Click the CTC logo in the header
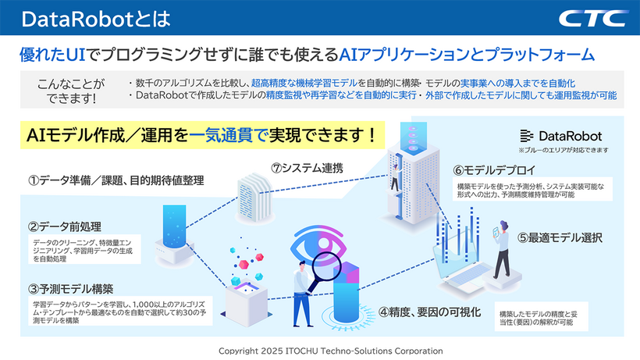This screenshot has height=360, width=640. [594, 19]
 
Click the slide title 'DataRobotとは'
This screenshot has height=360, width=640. [96, 19]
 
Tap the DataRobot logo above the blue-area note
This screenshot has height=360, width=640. [561, 136]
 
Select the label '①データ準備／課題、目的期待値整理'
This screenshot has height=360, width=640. [116, 180]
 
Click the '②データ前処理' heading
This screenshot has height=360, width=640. [65, 226]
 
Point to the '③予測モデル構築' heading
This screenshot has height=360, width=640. [70, 289]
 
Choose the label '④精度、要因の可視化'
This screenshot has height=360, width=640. [429, 312]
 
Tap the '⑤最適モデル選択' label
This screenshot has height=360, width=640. [560, 237]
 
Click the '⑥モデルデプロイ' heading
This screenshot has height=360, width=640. [494, 169]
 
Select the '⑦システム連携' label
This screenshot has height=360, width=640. [307, 168]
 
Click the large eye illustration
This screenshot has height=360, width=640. [318, 245]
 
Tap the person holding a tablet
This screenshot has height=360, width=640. [502, 249]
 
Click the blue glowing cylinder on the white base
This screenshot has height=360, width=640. [174, 227]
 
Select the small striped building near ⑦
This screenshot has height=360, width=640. [254, 197]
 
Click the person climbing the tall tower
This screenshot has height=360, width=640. [395, 177]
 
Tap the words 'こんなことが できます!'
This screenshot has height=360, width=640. [71, 91]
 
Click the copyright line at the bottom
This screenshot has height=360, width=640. [331, 351]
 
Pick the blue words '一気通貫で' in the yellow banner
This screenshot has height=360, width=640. [228, 135]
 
